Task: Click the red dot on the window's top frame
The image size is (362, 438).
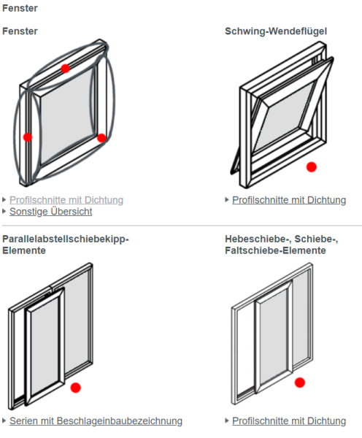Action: pyautogui.click(x=65, y=68)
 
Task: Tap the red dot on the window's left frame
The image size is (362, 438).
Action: pyautogui.click(x=28, y=137)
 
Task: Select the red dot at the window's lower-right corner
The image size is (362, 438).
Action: pyautogui.click(x=101, y=137)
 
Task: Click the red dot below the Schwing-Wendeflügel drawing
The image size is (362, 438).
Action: pyautogui.click(x=312, y=167)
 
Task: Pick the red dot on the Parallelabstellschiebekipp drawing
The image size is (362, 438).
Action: pyautogui.click(x=75, y=388)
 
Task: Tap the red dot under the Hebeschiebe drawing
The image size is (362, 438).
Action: pyautogui.click(x=299, y=382)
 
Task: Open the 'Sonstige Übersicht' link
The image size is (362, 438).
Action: pyautogui.click(x=50, y=212)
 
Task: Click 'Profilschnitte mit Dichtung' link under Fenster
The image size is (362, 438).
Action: pyautogui.click(x=66, y=200)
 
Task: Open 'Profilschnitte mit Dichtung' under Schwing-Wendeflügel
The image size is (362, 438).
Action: pyautogui.click(x=289, y=200)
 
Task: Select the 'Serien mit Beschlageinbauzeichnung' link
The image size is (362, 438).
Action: pyautogui.click(x=96, y=420)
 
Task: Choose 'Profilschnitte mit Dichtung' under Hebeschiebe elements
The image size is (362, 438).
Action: pyautogui.click(x=289, y=420)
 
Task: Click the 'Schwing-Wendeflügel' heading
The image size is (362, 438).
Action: pyautogui.click(x=275, y=31)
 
